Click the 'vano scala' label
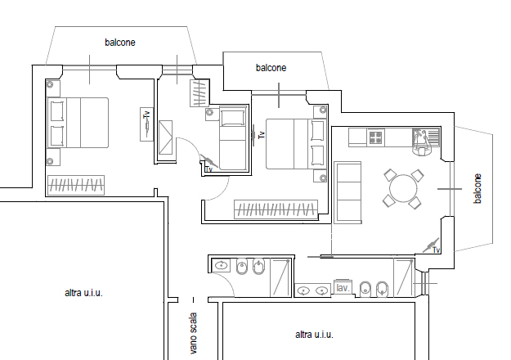[193, 333]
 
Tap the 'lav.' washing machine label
[343, 288]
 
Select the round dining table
[403, 188]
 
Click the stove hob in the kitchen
[376, 137]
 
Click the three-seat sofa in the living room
[347, 192]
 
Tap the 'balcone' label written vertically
[477, 188]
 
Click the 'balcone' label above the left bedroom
[120, 43]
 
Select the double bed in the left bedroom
[78, 123]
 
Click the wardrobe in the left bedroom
[76, 186]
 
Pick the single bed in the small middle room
[233, 137]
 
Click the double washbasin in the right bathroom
[312, 290]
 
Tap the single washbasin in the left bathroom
[222, 265]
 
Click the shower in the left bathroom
[280, 277]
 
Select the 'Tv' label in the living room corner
[437, 250]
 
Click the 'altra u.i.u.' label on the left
[83, 293]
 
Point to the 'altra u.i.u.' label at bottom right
[314, 335]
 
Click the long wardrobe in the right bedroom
[276, 209]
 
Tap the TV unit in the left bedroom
[146, 124]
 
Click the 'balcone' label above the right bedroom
[271, 68]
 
